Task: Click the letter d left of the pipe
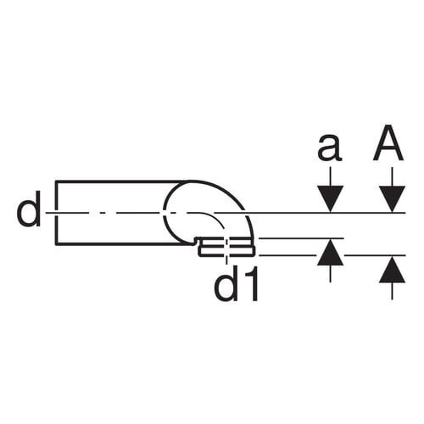coord(29,209)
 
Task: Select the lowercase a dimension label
coord(330,147)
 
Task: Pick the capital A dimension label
coord(388,142)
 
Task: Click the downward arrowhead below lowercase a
coord(330,198)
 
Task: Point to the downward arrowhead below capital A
coord(392,198)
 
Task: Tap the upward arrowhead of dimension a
coord(330,252)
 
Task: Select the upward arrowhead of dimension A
coord(392,269)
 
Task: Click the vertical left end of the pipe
coord(57,212)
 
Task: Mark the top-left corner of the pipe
coord(55,181)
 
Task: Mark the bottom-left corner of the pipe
coord(55,244)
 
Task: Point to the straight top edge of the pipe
coord(121,181)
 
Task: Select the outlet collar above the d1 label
coord(227,247)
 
